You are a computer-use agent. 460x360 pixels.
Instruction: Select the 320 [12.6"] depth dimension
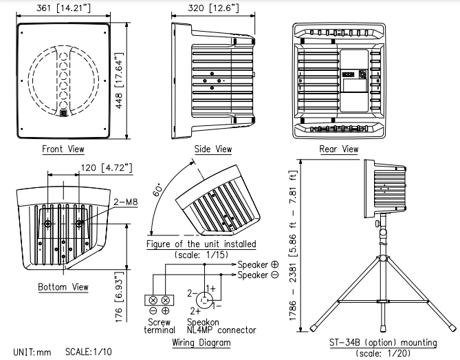click(x=213, y=8)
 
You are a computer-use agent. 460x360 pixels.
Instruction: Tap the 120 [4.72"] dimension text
click(x=102, y=167)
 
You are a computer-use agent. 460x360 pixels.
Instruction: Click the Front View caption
click(x=63, y=149)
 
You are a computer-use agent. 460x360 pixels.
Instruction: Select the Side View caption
click(x=214, y=149)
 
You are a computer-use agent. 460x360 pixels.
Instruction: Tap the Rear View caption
click(x=339, y=149)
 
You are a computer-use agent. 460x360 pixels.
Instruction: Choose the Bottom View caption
click(x=63, y=286)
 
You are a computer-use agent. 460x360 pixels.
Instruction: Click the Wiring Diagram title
click(x=201, y=342)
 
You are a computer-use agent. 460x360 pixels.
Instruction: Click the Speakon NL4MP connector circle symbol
click(x=205, y=300)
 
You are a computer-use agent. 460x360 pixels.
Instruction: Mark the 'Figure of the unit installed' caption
click(x=201, y=244)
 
